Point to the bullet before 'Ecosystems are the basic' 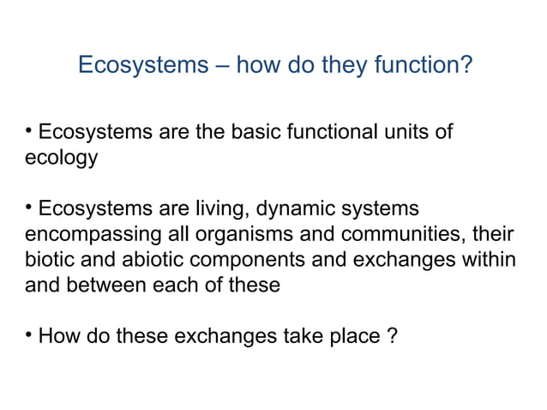pos(28,133)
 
